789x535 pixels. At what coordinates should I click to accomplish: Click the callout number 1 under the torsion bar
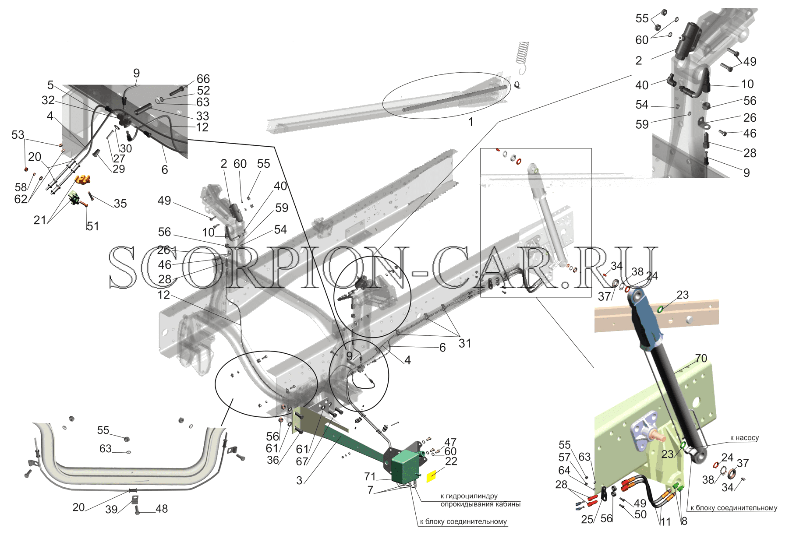pyautogui.click(x=471, y=122)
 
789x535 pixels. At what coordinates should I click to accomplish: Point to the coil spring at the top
pyautogui.click(x=521, y=57)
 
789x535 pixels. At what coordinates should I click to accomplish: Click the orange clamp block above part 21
pyautogui.click(x=82, y=180)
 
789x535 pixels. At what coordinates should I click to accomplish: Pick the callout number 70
pyautogui.click(x=701, y=358)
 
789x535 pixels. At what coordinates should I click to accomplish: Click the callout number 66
pyautogui.click(x=203, y=79)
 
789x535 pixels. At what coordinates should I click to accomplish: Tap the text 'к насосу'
pyautogui.click(x=744, y=438)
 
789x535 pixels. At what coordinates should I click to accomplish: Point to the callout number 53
pyautogui.click(x=18, y=135)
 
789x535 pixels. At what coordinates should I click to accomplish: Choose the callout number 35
pyautogui.click(x=120, y=204)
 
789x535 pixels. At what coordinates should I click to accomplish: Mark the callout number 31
pyautogui.click(x=465, y=344)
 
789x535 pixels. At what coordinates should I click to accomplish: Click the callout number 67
pyautogui.click(x=302, y=461)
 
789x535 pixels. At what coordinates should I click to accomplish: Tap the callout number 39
pyautogui.click(x=111, y=509)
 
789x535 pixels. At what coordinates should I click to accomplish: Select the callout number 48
pyautogui.click(x=162, y=509)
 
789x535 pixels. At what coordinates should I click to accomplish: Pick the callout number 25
pyautogui.click(x=587, y=519)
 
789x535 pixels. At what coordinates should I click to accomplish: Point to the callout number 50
pyautogui.click(x=640, y=514)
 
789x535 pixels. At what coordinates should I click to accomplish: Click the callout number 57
pyautogui.click(x=565, y=458)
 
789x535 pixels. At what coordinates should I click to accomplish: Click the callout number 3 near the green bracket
pyautogui.click(x=299, y=481)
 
